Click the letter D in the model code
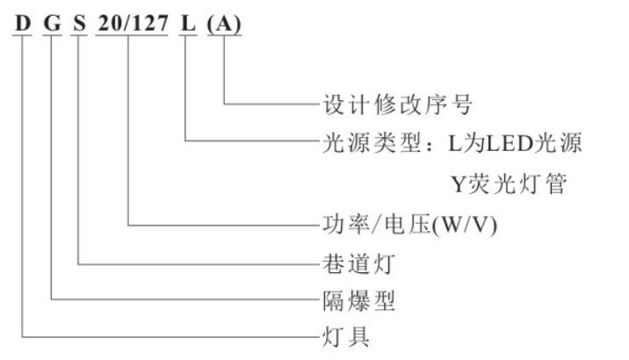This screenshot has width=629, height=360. [x=20, y=24]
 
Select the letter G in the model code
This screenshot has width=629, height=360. [x=52, y=24]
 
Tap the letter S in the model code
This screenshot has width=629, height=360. [x=80, y=24]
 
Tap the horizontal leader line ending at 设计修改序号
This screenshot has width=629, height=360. [x=268, y=104]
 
